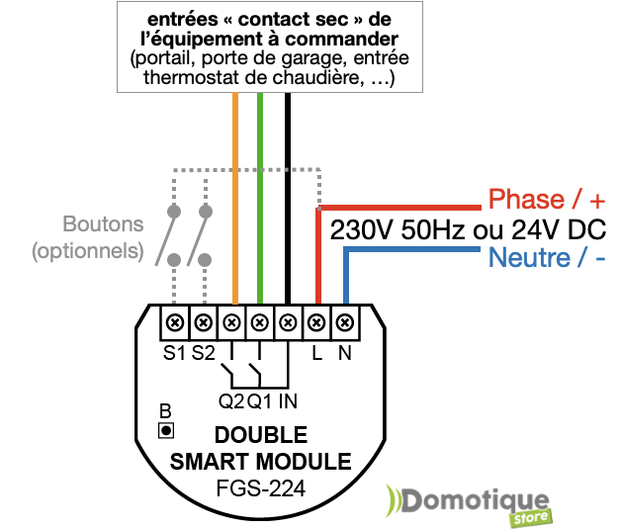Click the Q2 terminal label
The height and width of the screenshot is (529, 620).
[x=230, y=401]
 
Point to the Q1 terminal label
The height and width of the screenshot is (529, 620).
[x=259, y=401]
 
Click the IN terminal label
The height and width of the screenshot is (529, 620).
[x=287, y=401]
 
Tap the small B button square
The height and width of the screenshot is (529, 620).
[x=166, y=429]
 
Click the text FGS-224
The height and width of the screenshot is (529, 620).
[x=260, y=487]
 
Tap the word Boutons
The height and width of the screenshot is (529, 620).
[x=103, y=224]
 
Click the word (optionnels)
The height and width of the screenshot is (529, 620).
[x=87, y=251]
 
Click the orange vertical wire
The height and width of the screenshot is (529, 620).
[x=235, y=198]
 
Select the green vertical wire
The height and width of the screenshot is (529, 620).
[x=259, y=198]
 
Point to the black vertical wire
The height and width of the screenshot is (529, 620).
[x=287, y=198]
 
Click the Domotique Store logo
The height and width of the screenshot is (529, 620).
[x=471, y=502]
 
